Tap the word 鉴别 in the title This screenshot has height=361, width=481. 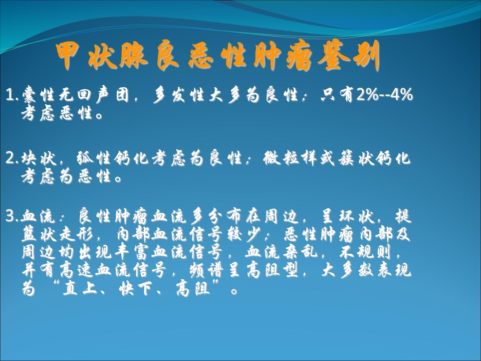coord(349,56)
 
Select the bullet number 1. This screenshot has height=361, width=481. coord(12,95)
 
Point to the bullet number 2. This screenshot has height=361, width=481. coord(12,159)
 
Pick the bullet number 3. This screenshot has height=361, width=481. coord(12,217)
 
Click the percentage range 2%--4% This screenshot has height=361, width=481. coord(385,94)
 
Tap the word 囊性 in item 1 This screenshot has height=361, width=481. coord(40,95)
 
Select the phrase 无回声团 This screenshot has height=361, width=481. coord(94,95)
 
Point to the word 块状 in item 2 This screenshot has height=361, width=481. coord(39,158)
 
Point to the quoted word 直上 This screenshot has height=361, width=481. coord(80,289)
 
